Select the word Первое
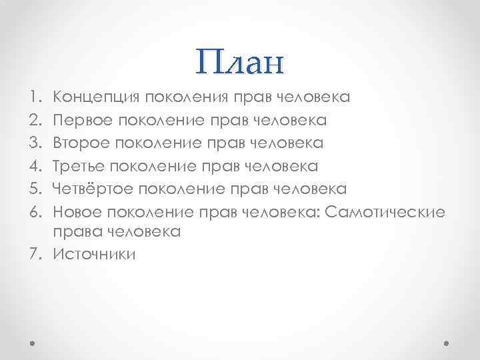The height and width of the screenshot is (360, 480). click(x=81, y=121)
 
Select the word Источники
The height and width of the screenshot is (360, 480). click(x=93, y=254)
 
